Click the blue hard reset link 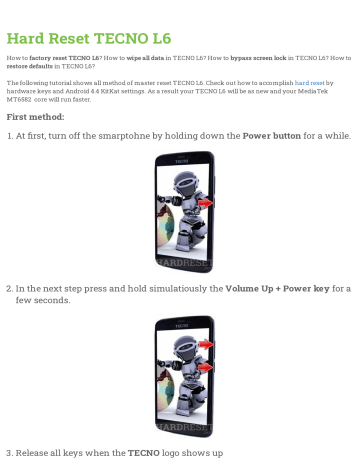click(309, 82)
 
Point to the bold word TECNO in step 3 click(143, 453)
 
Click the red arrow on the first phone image click(205, 203)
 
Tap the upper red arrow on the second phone click(205, 344)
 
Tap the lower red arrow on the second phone click(205, 367)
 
